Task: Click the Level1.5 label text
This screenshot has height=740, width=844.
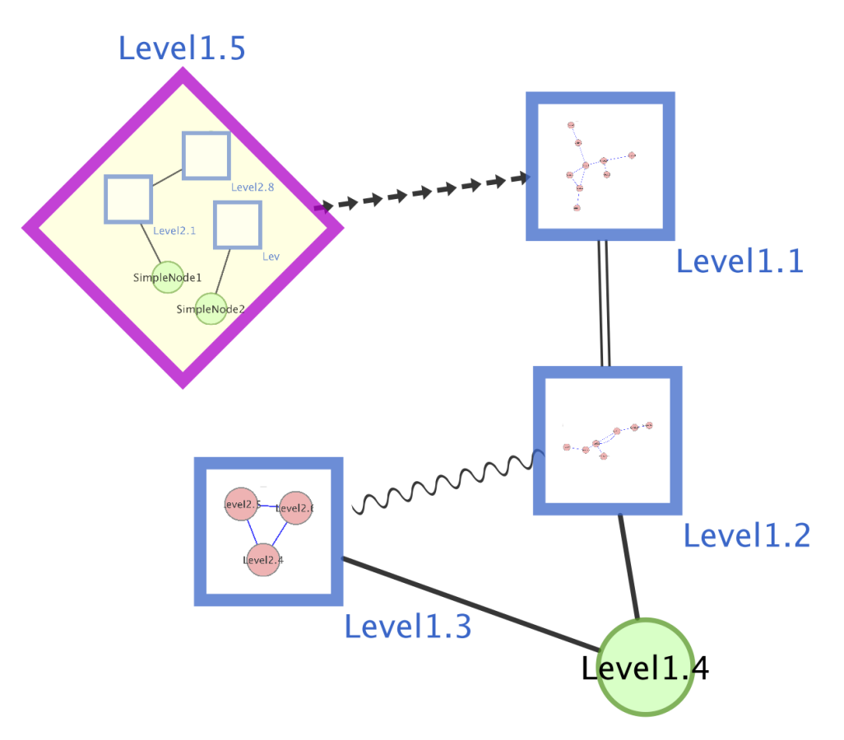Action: pyautogui.click(x=182, y=49)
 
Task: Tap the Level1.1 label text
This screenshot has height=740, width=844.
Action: pyautogui.click(x=739, y=261)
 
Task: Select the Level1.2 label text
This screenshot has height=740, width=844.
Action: pyautogui.click(x=747, y=536)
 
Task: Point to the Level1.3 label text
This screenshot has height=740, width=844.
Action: pyautogui.click(x=407, y=627)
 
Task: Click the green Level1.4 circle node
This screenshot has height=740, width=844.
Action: pyautogui.click(x=645, y=667)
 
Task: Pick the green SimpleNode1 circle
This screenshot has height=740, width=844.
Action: pyautogui.click(x=168, y=278)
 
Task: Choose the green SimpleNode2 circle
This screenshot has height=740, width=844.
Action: pyautogui.click(x=211, y=309)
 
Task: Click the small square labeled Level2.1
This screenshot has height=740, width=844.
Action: pyautogui.click(x=128, y=199)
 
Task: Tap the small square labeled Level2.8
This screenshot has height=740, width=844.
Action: pyautogui.click(x=206, y=155)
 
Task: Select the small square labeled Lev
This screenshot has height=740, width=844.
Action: pyautogui.click(x=238, y=224)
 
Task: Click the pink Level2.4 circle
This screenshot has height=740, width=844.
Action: pyautogui.click(x=263, y=559)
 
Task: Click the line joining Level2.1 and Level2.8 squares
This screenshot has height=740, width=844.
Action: pyautogui.click(x=167, y=177)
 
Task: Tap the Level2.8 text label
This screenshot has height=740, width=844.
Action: pyautogui.click(x=253, y=187)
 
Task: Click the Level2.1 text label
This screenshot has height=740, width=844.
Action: pyautogui.click(x=174, y=230)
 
